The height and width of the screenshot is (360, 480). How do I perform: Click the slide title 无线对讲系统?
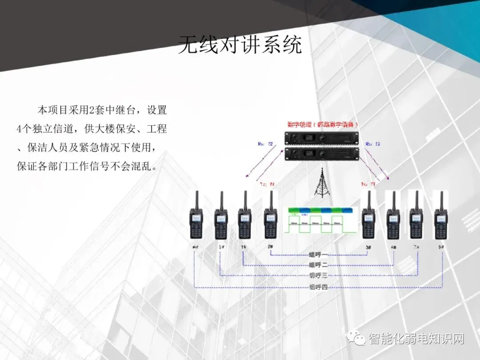[240, 46]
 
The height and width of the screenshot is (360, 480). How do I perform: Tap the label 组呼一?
[318, 255]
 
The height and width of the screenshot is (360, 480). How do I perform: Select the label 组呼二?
[318, 265]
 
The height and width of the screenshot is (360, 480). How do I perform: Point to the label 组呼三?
[318, 276]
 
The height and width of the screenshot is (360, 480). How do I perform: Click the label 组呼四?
[318, 287]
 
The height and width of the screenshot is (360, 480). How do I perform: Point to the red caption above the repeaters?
[323, 125]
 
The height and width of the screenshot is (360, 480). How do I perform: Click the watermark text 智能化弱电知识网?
[416, 340]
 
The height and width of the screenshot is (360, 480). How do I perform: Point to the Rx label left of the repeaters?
[265, 144]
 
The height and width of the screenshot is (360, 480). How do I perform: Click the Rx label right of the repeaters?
[372, 144]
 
